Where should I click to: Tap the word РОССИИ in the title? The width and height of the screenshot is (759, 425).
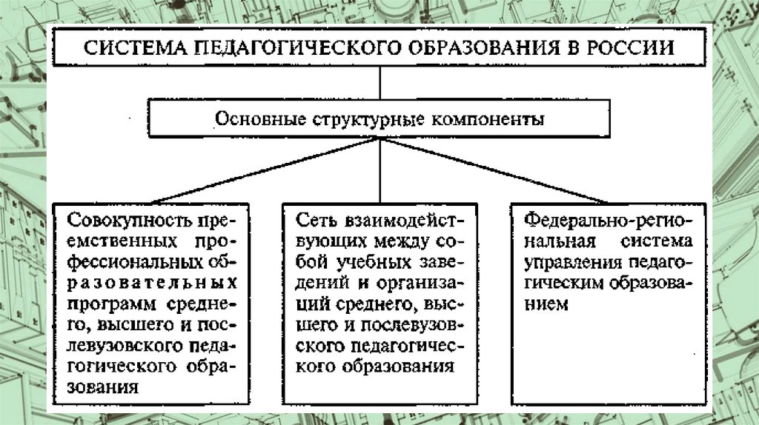coord(630,49)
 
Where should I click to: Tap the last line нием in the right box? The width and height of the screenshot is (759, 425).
coord(546,304)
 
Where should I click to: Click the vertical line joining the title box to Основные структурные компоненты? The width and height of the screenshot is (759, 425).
coord(380,83)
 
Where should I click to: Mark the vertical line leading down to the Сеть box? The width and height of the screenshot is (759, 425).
coord(380,170)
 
